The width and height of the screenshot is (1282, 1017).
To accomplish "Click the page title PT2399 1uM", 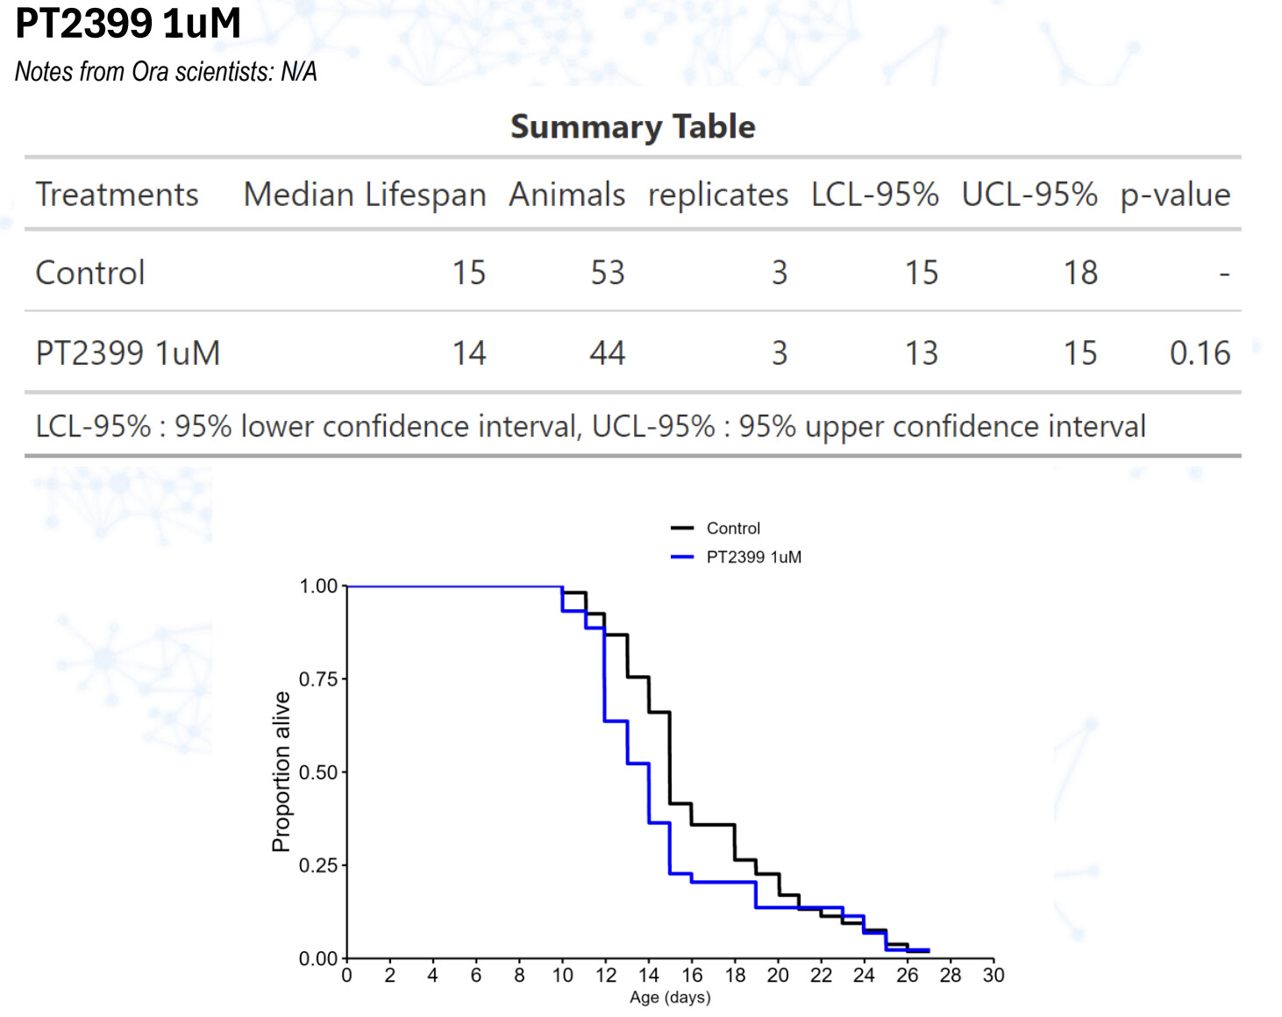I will point(128,24).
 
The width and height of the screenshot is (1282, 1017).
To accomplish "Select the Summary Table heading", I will point(632,127).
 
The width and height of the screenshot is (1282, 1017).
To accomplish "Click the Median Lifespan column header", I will point(364,195).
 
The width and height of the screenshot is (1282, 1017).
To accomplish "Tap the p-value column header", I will point(1174,195).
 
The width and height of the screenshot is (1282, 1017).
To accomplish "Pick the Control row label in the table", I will point(90,273).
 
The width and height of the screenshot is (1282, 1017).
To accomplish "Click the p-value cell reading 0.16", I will point(1200,353).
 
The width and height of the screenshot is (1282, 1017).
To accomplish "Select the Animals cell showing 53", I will point(607,273).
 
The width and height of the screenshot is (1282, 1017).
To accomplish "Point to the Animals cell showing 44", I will point(607,353).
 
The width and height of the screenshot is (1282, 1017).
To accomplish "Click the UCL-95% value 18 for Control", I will point(1080,273).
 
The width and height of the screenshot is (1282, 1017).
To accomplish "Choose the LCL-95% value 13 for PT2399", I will point(921,353).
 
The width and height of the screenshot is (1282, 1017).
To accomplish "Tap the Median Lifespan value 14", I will point(469,353).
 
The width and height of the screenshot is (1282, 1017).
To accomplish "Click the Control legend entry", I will point(733,529).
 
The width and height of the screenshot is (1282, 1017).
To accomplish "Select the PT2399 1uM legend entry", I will point(753,558).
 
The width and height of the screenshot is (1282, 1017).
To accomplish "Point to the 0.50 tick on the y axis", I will point(318,772).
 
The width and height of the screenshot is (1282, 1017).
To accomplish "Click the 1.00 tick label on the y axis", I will point(318,587).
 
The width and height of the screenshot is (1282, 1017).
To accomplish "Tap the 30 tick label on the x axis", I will point(993,976).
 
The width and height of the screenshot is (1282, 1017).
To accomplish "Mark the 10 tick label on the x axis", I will point(562,976).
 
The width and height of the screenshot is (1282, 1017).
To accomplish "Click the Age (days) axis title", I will point(670,998).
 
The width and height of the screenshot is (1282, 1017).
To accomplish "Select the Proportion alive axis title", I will point(281,772).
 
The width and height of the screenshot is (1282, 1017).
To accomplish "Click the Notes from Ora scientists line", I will point(166,72).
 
